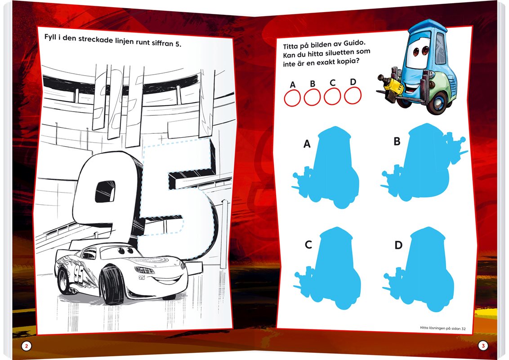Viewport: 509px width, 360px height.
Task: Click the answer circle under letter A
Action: point(292,98)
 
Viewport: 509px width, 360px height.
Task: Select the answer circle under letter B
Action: point(313,97)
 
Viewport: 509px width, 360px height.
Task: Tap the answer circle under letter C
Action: point(332,96)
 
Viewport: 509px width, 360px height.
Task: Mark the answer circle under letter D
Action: point(353,95)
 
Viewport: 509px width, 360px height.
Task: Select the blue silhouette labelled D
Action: point(422,268)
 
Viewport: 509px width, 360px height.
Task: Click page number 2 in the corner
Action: point(27,346)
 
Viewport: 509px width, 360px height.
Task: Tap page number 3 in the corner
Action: point(483,346)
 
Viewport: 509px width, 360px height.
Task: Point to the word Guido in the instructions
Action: point(354,44)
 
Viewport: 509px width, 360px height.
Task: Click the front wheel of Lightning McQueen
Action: point(112,284)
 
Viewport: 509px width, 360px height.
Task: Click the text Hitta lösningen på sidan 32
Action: point(443,328)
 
